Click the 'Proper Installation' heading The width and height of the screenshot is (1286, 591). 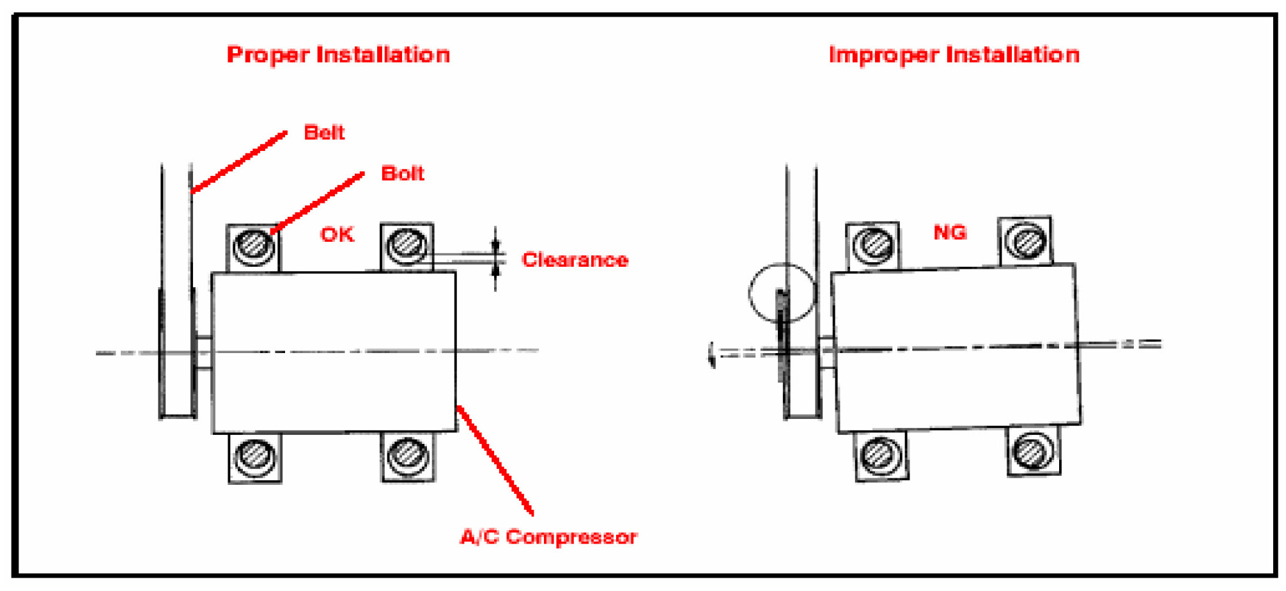(x=338, y=55)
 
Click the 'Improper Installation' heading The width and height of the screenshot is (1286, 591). (x=954, y=55)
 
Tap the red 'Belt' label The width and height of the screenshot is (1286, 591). (x=324, y=132)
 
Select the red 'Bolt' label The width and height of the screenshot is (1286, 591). (x=402, y=173)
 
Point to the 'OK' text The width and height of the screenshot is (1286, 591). (x=337, y=235)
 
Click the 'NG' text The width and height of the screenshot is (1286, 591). (x=950, y=232)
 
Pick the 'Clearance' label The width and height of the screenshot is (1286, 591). (x=575, y=260)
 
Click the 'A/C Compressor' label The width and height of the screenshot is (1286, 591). (x=548, y=537)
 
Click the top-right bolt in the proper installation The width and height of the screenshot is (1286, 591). (x=407, y=244)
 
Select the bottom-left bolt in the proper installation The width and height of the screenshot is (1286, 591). (x=255, y=456)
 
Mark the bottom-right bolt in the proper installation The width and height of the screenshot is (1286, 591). (x=408, y=455)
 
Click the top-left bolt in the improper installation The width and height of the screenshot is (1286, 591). (x=874, y=244)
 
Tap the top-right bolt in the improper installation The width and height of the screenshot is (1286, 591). (x=1026, y=241)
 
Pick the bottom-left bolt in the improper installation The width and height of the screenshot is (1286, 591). (x=881, y=455)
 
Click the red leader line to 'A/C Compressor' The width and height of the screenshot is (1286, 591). (x=495, y=459)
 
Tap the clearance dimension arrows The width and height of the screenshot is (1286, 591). (x=495, y=258)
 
